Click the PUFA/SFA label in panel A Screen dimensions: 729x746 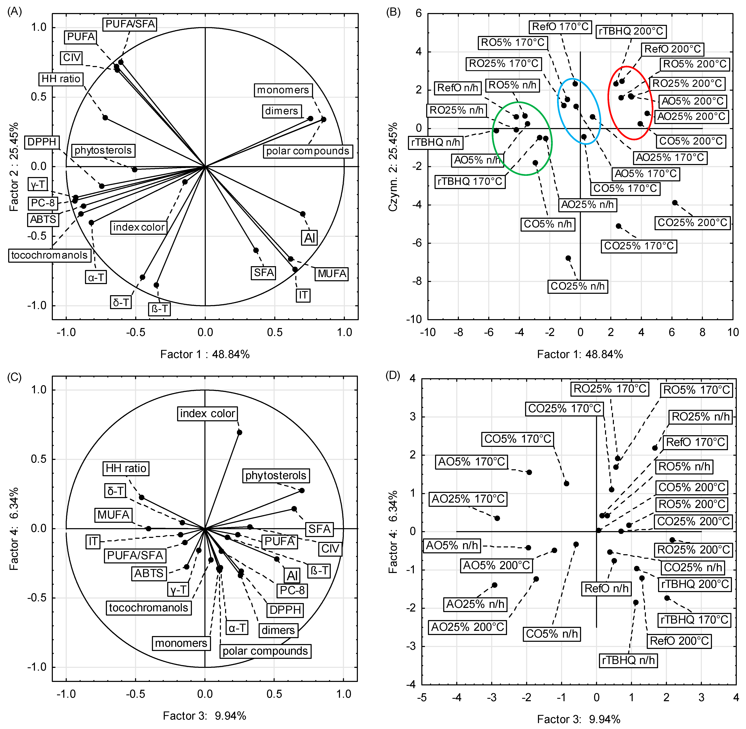130,24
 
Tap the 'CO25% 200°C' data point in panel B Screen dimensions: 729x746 675,203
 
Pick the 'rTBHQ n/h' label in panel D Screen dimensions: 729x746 628,661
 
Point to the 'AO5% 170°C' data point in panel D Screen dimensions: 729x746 529,472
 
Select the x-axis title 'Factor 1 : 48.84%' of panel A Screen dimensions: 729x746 205,354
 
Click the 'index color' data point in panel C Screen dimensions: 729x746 239,432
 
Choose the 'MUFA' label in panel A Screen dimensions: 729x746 332,274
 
